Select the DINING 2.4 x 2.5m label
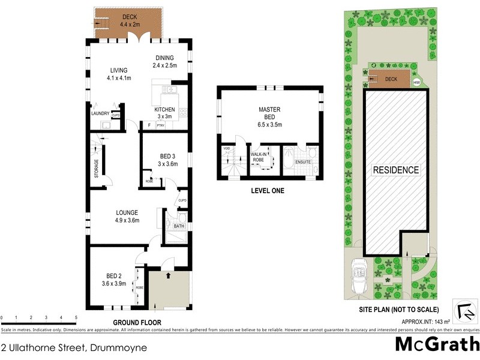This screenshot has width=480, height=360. (x=164, y=62)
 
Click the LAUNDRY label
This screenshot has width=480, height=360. (x=100, y=113)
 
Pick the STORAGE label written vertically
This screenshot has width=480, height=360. (x=96, y=168)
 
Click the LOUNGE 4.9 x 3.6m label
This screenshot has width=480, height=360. (x=127, y=216)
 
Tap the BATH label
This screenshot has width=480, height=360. (x=179, y=226)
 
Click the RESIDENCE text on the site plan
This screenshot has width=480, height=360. (x=396, y=170)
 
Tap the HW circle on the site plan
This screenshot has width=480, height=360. (x=417, y=83)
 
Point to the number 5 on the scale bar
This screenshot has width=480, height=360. (x=76, y=317)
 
